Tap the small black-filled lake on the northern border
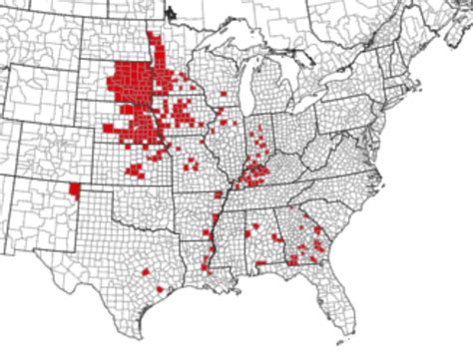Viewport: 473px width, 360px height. (169, 13)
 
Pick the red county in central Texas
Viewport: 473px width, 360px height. (146, 270)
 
